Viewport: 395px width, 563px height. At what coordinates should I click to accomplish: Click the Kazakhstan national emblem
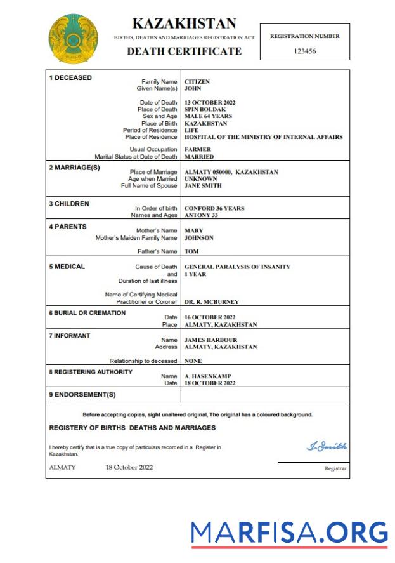73,39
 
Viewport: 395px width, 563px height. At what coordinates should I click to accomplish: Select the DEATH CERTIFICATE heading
184,51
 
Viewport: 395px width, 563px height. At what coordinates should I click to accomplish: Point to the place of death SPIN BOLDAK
205,110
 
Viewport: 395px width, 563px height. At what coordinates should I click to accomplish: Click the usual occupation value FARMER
198,150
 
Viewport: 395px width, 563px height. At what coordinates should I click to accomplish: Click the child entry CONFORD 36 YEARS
214,208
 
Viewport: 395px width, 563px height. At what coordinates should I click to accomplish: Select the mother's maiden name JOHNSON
198,238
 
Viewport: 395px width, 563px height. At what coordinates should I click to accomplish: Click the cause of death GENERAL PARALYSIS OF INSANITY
237,267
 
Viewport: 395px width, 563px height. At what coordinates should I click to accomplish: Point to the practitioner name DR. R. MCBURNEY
211,302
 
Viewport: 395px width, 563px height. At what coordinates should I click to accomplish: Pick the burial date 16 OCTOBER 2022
210,317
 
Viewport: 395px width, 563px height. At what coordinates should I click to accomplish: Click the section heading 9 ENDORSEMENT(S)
82,395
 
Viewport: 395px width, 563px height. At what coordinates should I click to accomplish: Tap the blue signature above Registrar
327,447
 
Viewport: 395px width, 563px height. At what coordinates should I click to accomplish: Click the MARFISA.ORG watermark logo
289,533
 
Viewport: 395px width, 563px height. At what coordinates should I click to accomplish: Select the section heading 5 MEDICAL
67,267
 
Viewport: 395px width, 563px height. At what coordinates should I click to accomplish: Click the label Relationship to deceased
143,361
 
